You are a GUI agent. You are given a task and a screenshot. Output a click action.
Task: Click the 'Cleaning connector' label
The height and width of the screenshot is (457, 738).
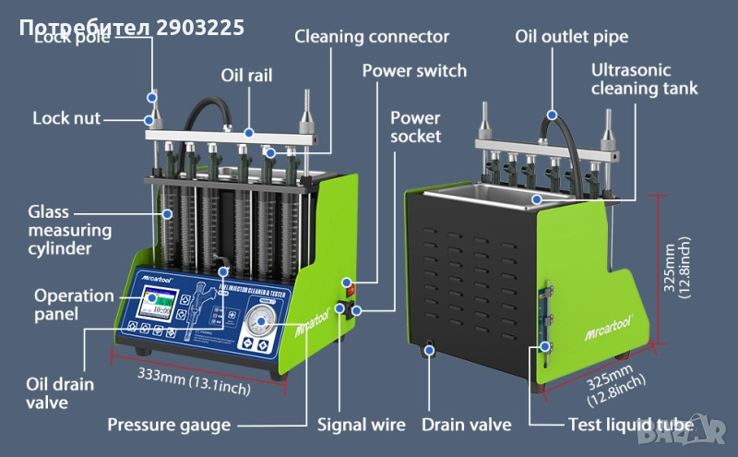pyautogui.click(x=372, y=37)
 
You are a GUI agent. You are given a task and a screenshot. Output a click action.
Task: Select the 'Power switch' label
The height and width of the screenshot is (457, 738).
pyautogui.click(x=414, y=70)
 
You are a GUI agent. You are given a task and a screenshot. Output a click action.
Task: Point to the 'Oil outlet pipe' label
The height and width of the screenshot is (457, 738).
pyautogui.click(x=572, y=37)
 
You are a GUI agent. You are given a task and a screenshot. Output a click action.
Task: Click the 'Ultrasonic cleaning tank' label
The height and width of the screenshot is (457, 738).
pyautogui.click(x=644, y=79)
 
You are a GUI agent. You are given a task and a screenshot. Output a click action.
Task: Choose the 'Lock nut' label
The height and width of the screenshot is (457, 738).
pyautogui.click(x=66, y=118)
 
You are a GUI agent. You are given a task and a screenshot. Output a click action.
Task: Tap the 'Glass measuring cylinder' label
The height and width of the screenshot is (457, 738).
pyautogui.click(x=68, y=230)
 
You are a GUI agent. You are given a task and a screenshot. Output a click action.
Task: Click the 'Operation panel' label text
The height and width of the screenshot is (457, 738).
pyautogui.click(x=74, y=305)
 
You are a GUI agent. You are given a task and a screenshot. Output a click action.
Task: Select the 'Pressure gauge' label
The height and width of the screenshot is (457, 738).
pyautogui.click(x=169, y=425)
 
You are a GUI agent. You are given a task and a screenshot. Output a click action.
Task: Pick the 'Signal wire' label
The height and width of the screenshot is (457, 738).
pyautogui.click(x=361, y=425)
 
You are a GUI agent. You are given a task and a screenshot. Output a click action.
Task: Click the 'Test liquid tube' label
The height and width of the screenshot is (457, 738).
pyautogui.click(x=629, y=425)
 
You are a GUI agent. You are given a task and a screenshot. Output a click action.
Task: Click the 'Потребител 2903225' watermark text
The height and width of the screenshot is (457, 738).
pyautogui.click(x=131, y=27)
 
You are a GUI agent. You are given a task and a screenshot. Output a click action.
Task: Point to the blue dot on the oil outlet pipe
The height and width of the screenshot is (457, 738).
pyautogui.click(x=552, y=115)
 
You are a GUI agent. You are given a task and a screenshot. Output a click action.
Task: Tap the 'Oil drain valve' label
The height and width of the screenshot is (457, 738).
pyautogui.click(x=59, y=391)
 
